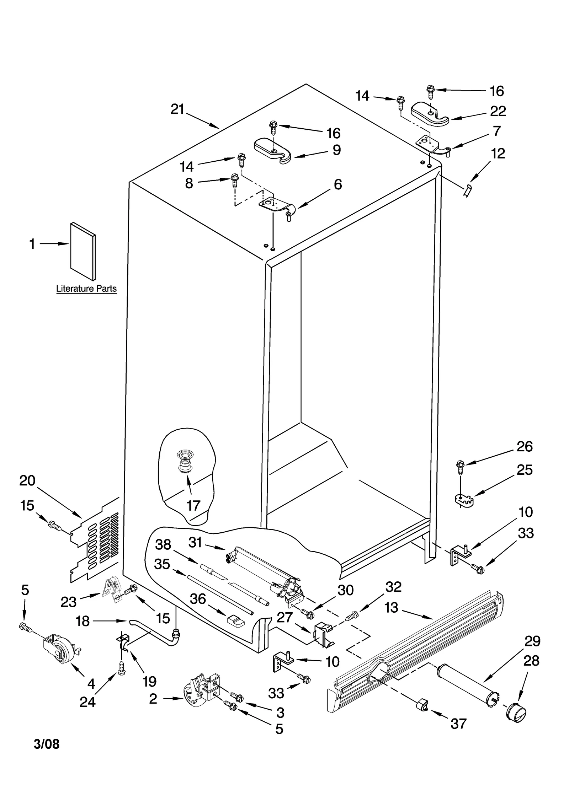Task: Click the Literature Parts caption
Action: click(86, 289)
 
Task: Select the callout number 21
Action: click(177, 109)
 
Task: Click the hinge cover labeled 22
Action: click(430, 114)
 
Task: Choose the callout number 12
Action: click(498, 154)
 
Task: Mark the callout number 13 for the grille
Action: click(391, 608)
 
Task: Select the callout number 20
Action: click(27, 480)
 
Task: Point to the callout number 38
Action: click(163, 544)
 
